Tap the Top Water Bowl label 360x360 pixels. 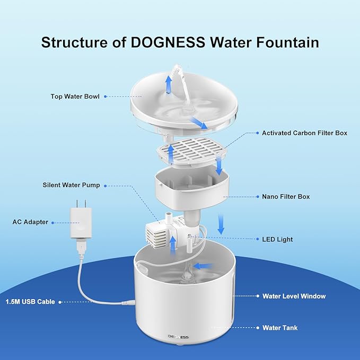pos(75,96)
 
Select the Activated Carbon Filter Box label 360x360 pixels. pos(304,133)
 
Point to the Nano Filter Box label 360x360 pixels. pos(285,197)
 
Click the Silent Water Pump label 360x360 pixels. pos(71,186)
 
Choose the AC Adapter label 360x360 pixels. pos(30,222)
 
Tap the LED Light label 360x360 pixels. pos(277,240)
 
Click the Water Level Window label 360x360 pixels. pos(294,296)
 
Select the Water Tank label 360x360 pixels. pos(280,328)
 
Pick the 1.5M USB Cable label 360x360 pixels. pos(30,302)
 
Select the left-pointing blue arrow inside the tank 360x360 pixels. pos(203,266)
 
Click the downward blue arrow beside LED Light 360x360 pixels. pos(221,224)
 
